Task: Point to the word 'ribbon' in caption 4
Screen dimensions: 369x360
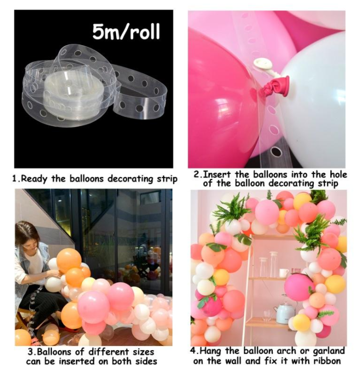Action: [x=326, y=361]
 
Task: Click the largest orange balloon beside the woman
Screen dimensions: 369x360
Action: [x=69, y=260]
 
